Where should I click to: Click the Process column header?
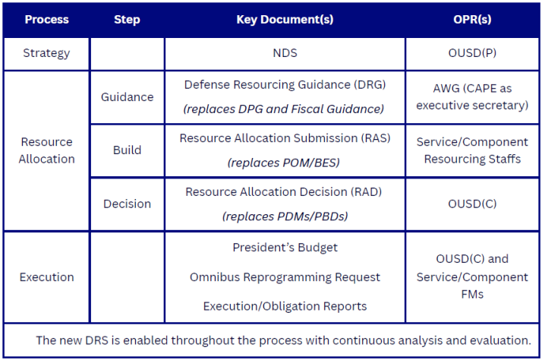coord(46,20)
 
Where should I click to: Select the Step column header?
coord(127,20)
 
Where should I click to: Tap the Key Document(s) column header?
coord(285,20)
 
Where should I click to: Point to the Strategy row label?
coord(46,53)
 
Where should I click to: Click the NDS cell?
coord(285,53)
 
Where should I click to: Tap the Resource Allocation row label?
coord(47,150)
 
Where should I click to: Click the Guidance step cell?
coord(127,97)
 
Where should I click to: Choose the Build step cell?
coord(127,150)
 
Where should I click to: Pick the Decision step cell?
coord(127,204)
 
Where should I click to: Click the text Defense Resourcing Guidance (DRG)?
coord(285,85)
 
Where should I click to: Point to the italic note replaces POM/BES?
coord(285,163)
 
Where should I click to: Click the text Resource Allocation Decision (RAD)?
coord(285,192)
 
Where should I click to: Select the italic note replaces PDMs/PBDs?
coord(285,216)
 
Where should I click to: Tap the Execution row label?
coord(47,276)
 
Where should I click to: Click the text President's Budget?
coord(285,248)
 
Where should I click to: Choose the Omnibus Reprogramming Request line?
coord(285,277)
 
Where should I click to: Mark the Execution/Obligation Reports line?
coord(285,306)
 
